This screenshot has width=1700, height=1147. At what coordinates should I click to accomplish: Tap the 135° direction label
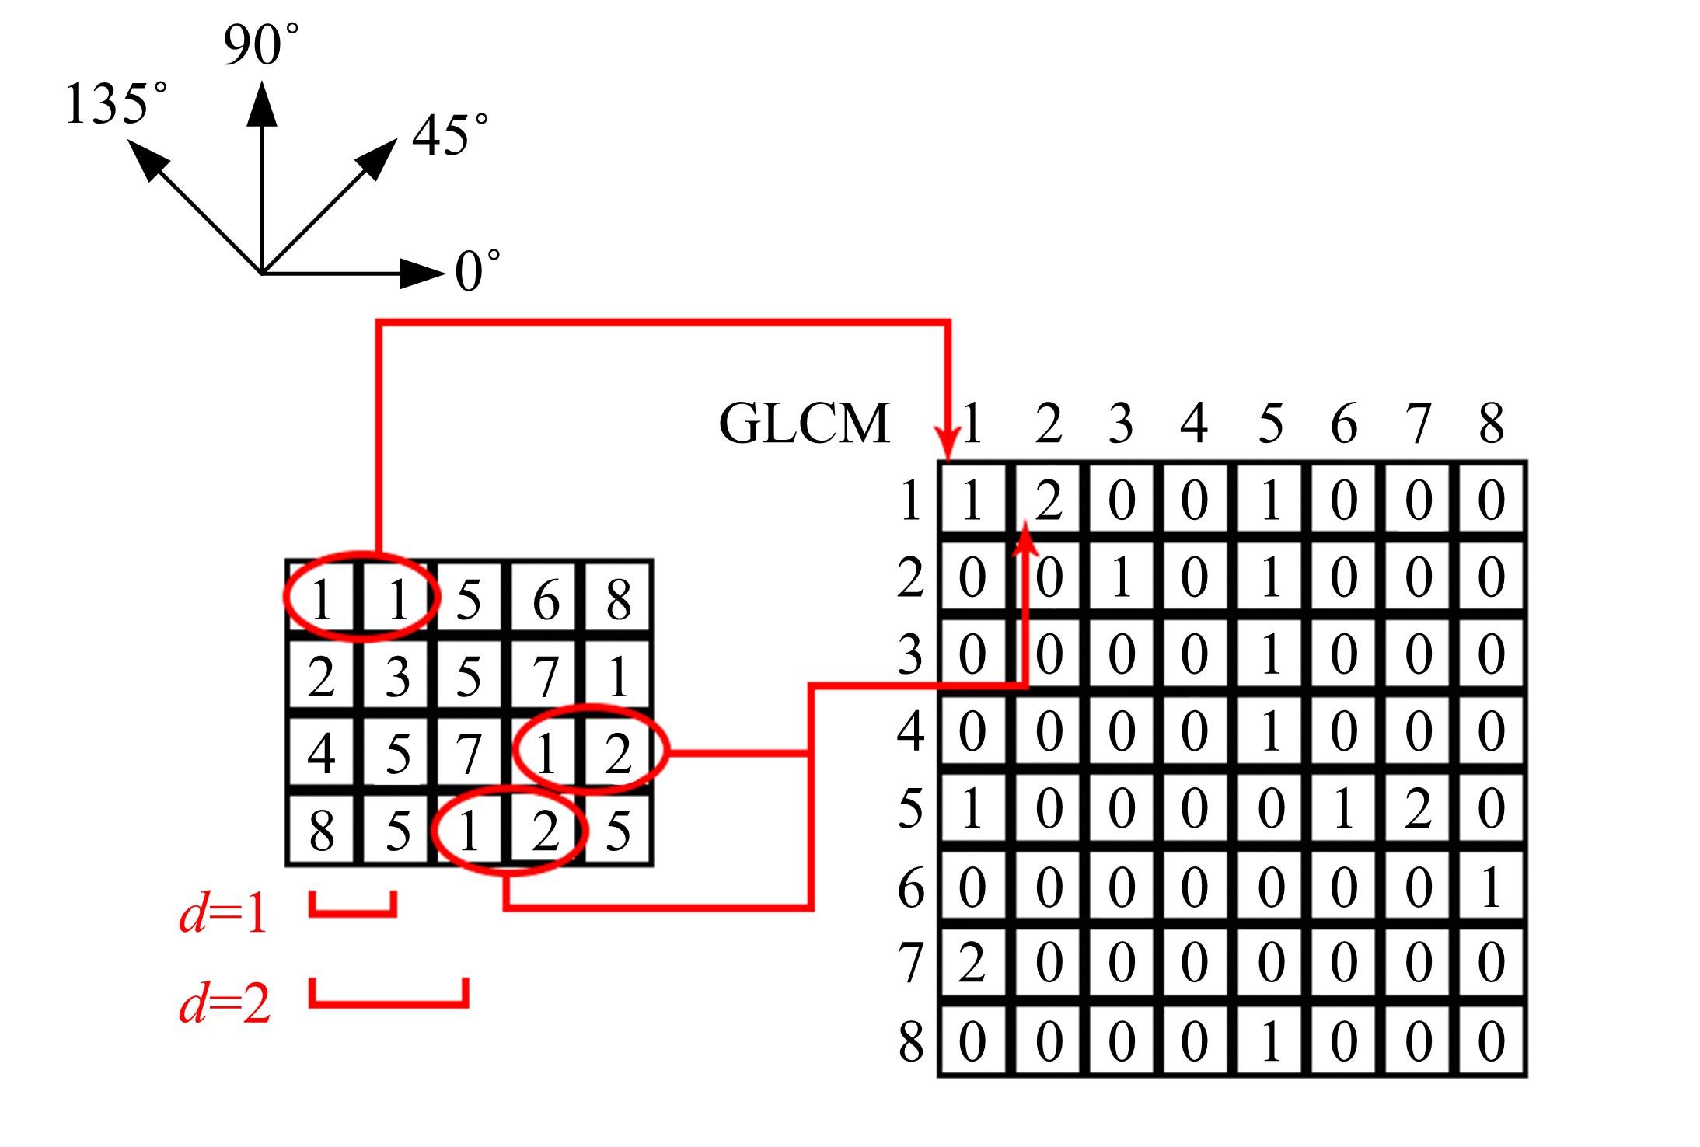115,105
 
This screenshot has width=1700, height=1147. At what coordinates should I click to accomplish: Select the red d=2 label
225,1004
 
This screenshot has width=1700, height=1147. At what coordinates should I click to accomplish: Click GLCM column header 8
1491,424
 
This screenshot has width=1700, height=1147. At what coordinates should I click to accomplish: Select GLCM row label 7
910,964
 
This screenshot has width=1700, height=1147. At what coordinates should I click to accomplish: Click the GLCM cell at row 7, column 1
972,964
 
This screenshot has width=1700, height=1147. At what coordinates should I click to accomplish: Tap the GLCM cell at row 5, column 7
1417,809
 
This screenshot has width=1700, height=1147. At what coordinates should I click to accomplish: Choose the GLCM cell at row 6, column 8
1491,887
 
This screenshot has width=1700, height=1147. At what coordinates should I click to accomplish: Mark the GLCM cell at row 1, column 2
1048,500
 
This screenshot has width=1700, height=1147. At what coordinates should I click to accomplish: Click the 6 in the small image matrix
545,601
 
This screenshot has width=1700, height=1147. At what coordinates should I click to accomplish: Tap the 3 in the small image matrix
396,677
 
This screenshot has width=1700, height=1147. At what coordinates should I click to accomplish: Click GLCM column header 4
1194,424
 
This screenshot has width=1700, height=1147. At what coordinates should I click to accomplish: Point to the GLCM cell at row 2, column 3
1120,577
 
